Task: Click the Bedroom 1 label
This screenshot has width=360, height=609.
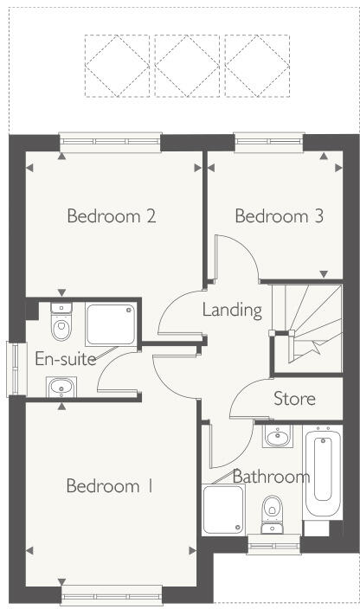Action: [x=109, y=486]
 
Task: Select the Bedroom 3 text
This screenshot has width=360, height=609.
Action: [x=279, y=215]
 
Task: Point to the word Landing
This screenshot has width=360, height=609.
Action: [x=232, y=310]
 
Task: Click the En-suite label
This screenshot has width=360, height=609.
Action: [x=65, y=359]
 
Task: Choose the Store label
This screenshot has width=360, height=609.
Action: [x=294, y=399]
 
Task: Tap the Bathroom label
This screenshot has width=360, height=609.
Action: [x=271, y=477]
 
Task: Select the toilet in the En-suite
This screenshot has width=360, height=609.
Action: [x=61, y=325]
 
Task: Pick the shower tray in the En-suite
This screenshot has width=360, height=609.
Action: [x=111, y=324]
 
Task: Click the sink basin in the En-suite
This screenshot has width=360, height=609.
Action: [x=61, y=386]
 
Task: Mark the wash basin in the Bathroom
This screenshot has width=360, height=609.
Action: [x=277, y=436]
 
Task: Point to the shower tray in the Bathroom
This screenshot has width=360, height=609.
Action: [x=224, y=511]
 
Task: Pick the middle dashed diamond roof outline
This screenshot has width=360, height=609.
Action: [x=185, y=66]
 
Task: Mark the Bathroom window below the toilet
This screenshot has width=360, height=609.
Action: [x=273, y=543]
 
